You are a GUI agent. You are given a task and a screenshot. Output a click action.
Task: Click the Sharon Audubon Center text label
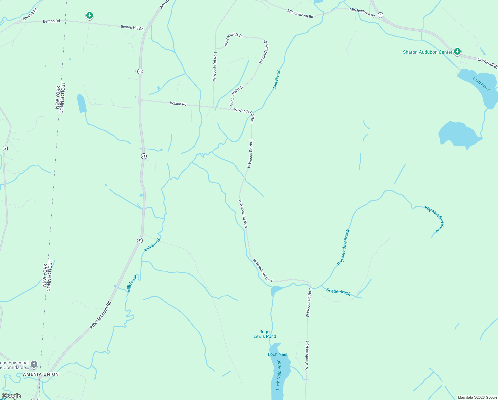pos(427,52)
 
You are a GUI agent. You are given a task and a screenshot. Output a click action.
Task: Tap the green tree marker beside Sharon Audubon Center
pos(457,51)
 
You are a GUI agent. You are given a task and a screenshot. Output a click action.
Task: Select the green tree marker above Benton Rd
pos(89,15)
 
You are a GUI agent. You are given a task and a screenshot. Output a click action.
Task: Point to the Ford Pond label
pos(481,84)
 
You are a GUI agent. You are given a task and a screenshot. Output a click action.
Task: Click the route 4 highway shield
pos(381,15)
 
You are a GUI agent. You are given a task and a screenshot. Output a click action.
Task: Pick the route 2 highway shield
pos(5,148)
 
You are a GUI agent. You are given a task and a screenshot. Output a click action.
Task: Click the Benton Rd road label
pos(51,21)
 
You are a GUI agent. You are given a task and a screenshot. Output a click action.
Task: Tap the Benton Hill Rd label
pos(132,28)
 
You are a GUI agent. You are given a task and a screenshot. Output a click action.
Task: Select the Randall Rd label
pos(30,14)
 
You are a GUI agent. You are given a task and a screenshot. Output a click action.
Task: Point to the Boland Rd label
pos(178,104)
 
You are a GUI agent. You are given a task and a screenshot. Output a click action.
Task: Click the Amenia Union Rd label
pos(100,315)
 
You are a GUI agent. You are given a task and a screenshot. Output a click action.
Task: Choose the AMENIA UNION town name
pos(41,374)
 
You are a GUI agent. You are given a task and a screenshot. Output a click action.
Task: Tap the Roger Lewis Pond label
pos(265,334)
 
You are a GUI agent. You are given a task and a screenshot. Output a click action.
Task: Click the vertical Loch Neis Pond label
pos(279,374)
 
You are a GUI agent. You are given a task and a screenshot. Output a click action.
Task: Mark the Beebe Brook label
pos(338,292)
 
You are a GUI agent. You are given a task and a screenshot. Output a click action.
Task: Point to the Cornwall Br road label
pos(487,63)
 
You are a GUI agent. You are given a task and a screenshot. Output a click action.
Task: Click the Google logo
pos(11,396)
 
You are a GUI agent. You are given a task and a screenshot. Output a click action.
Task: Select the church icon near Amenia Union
pos(34,364)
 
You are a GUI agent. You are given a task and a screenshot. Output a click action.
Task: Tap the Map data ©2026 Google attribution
pos(477,397)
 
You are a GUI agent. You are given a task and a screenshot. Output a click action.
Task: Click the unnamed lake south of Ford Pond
pos(458,134)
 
